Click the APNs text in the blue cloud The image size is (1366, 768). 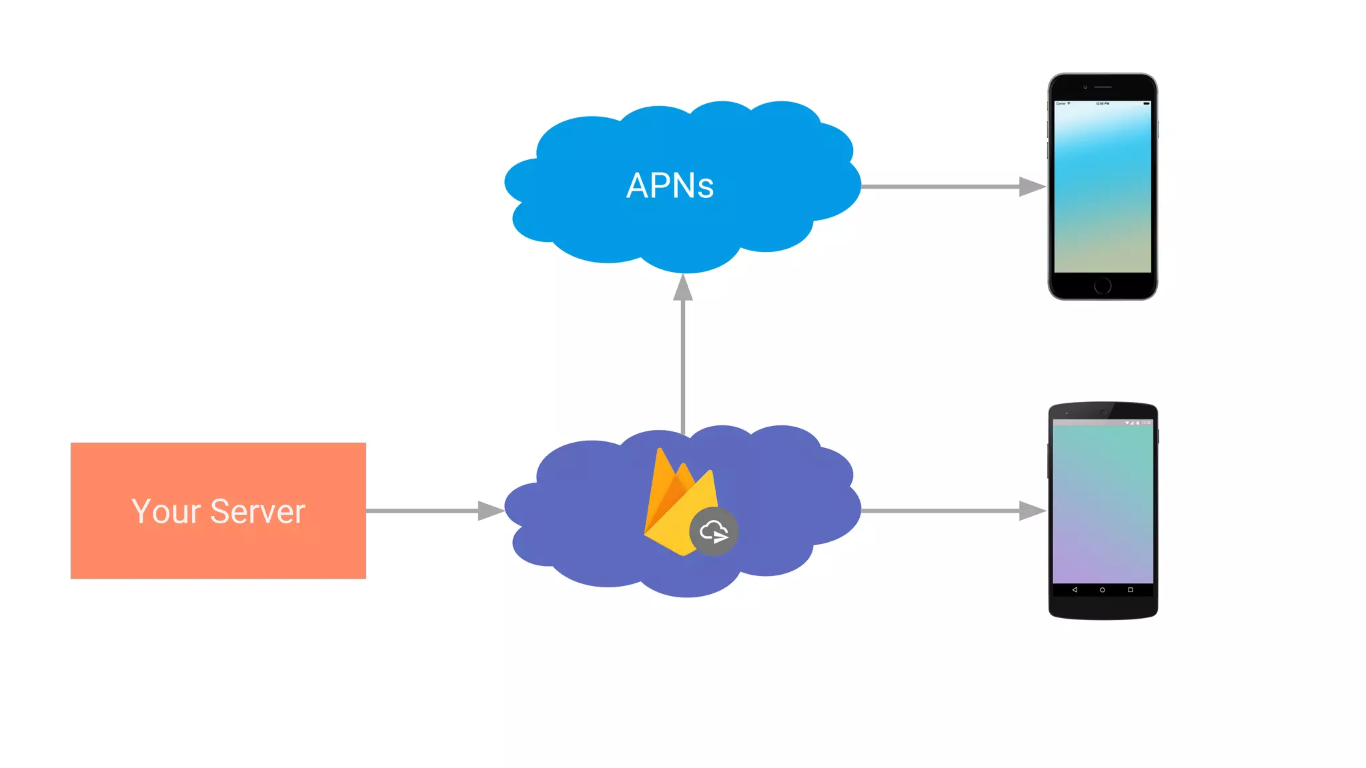670,186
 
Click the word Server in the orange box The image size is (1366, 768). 257,512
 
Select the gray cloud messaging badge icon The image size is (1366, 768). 714,531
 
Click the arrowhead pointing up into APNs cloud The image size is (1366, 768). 683,288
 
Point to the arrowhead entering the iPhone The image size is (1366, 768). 1032,187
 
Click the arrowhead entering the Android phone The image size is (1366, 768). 1032,511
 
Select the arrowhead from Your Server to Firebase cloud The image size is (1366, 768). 490,511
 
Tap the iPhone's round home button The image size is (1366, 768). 1103,285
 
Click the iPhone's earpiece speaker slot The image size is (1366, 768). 1103,87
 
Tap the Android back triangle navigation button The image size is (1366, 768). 1075,590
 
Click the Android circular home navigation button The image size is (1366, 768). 1103,590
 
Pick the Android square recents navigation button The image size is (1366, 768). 1131,590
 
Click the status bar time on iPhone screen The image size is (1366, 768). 1103,104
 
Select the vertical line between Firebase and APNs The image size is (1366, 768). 683,367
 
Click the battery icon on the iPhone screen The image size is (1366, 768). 1147,104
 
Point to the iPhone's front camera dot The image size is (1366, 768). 1085,87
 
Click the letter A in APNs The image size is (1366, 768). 638,186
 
